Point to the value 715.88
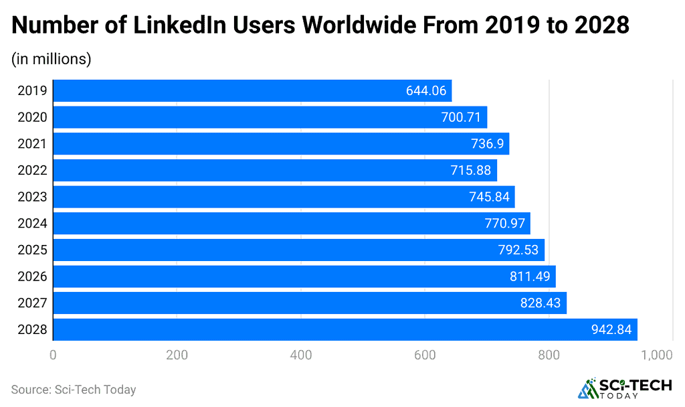[x=472, y=171]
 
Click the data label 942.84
[x=611, y=329]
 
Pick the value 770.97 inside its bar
[x=505, y=224]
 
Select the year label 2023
[x=32, y=197]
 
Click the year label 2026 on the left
[x=32, y=276]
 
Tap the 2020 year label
[x=32, y=118]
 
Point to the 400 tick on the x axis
[x=301, y=355]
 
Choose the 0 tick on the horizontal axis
[x=53, y=355]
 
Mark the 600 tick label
[x=425, y=355]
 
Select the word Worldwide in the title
[x=379, y=25]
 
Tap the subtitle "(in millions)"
[x=51, y=59]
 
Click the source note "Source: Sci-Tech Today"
[x=74, y=390]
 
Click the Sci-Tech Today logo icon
[x=589, y=388]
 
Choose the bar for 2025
[x=298, y=250]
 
